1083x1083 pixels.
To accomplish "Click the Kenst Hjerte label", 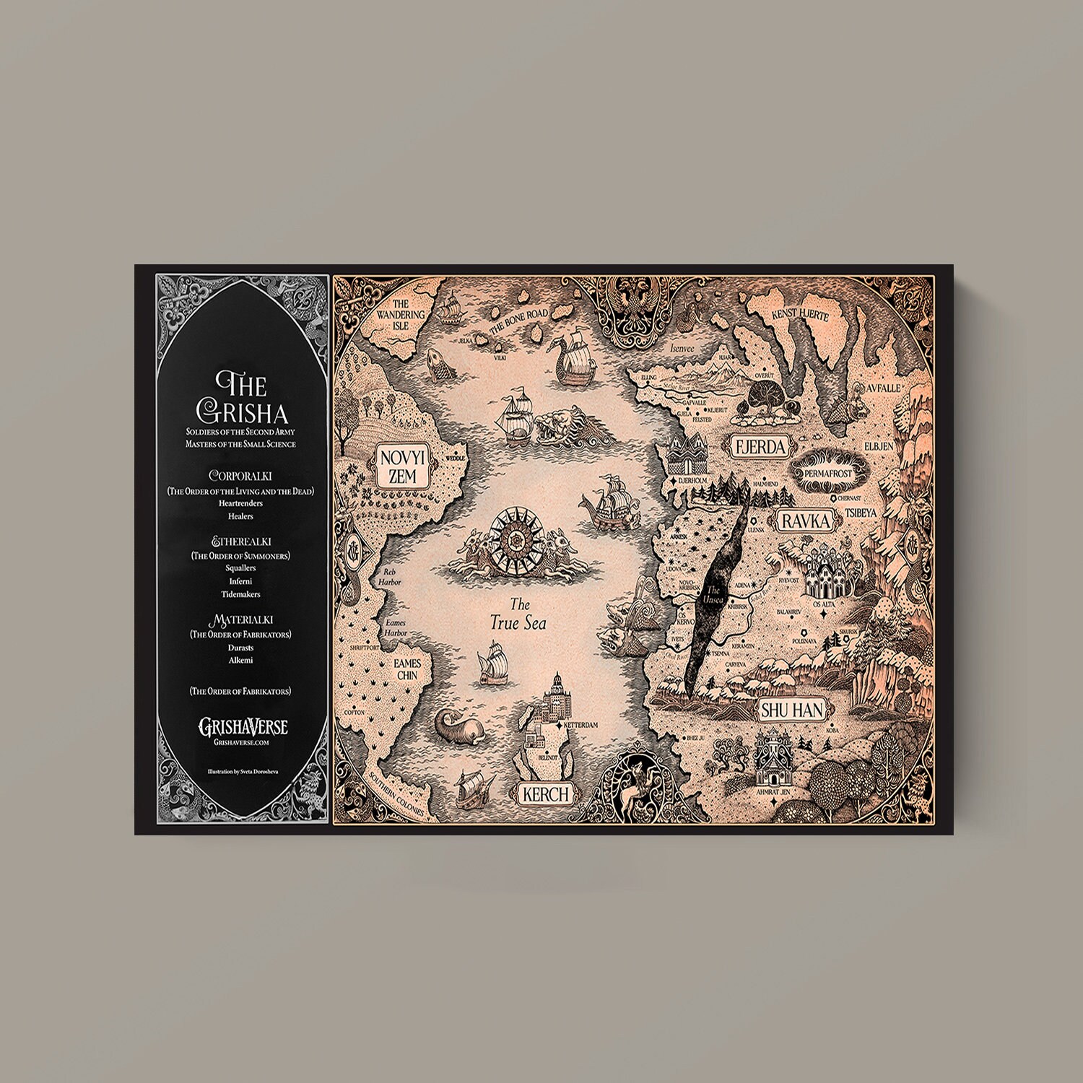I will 799,315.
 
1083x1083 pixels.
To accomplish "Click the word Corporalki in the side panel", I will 240,477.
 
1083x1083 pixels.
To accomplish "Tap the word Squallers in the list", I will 240,568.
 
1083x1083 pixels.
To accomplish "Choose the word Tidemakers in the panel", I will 240,594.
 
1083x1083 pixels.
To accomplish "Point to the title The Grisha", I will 242,397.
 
